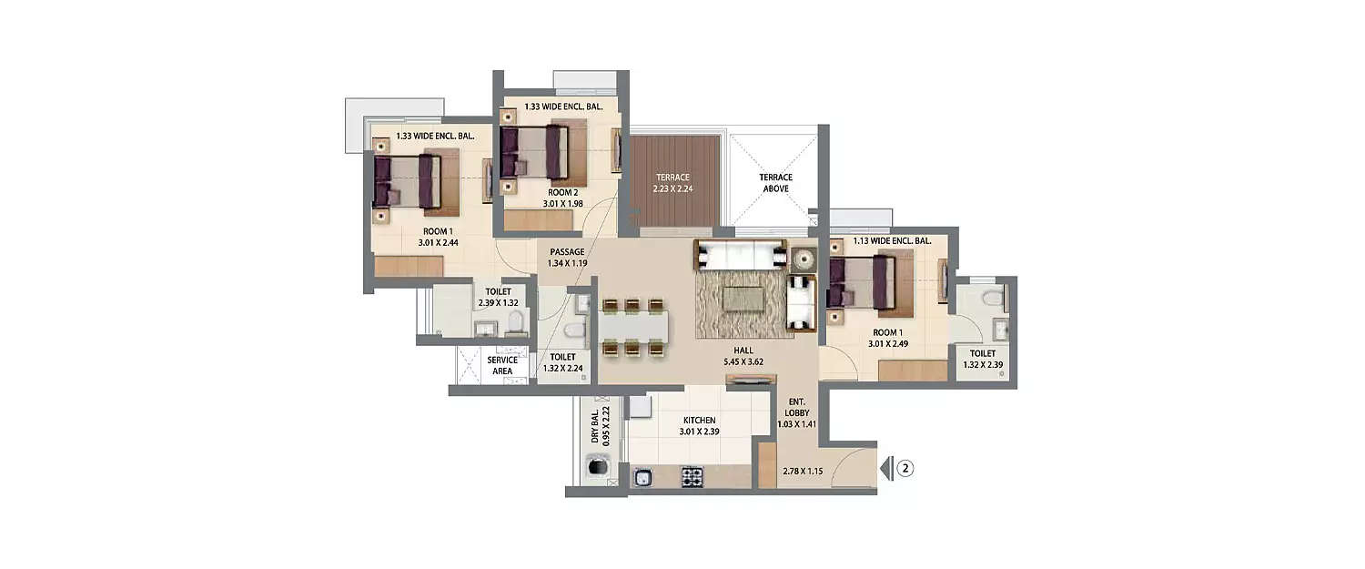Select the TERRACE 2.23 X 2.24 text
coord(672,183)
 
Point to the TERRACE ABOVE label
coord(776,183)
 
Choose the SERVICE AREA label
coord(502,365)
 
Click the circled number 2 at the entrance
coord(905,470)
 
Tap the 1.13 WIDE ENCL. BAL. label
coord(891,241)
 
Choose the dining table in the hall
coord(633,324)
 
